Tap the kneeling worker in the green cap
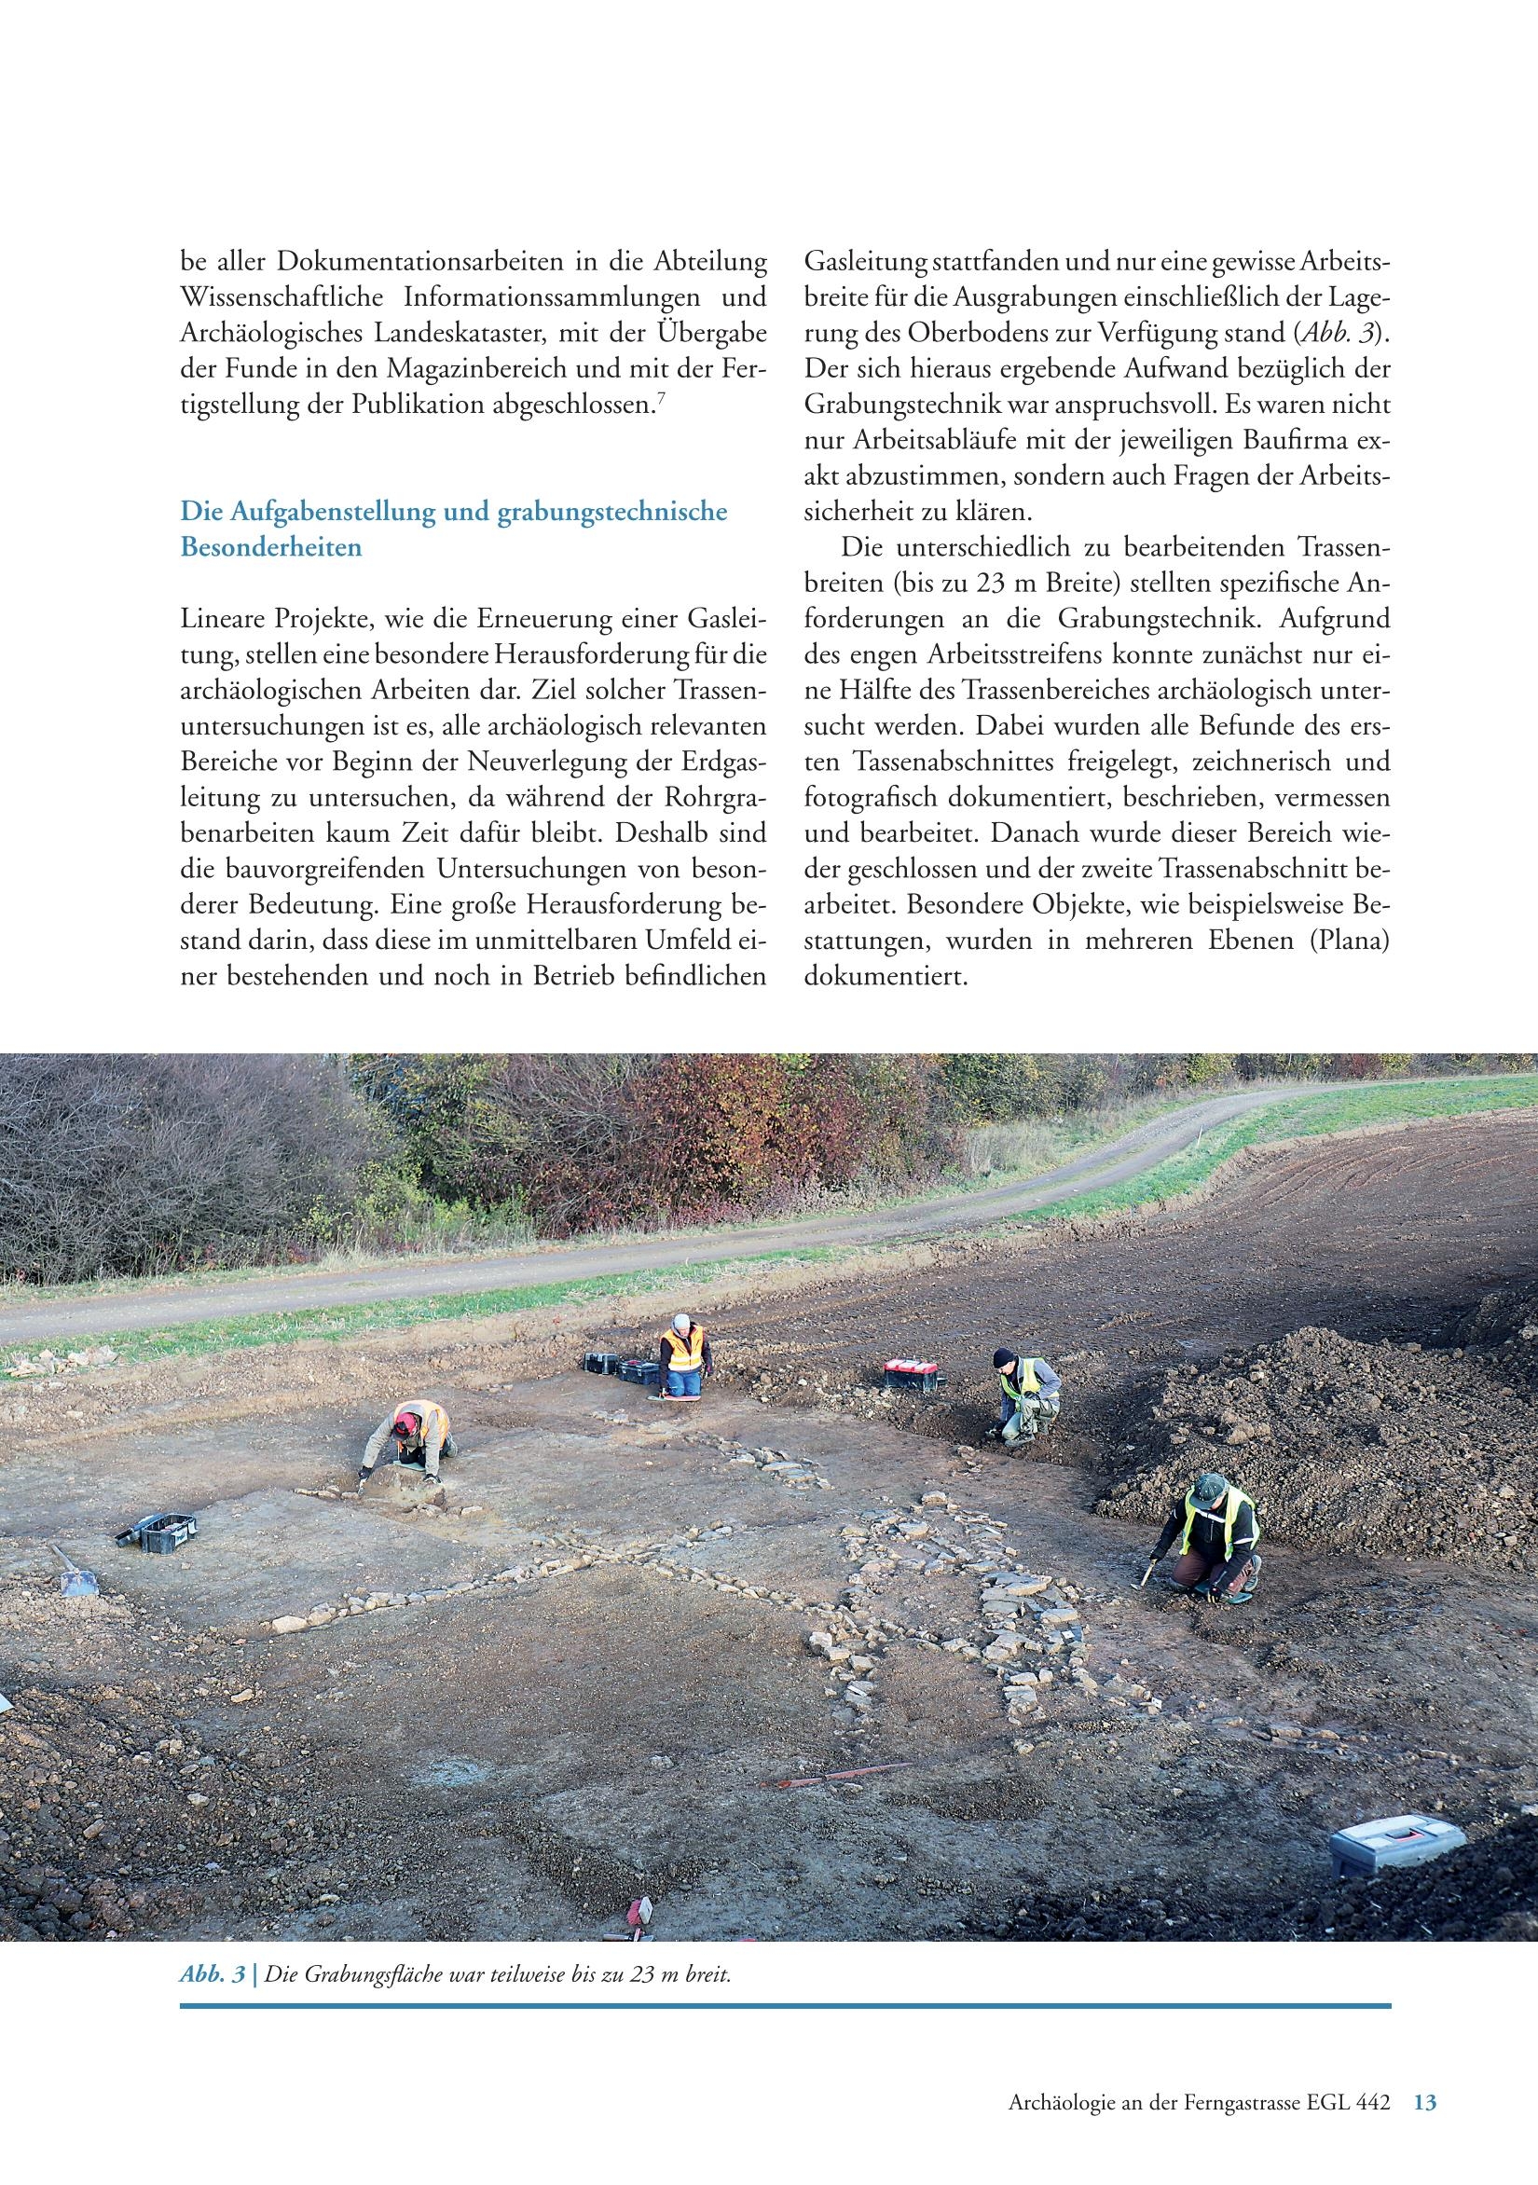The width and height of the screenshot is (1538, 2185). tap(1214, 1532)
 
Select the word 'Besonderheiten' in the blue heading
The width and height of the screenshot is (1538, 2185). tap(271, 549)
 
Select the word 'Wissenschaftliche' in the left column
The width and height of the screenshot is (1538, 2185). tap(282, 298)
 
